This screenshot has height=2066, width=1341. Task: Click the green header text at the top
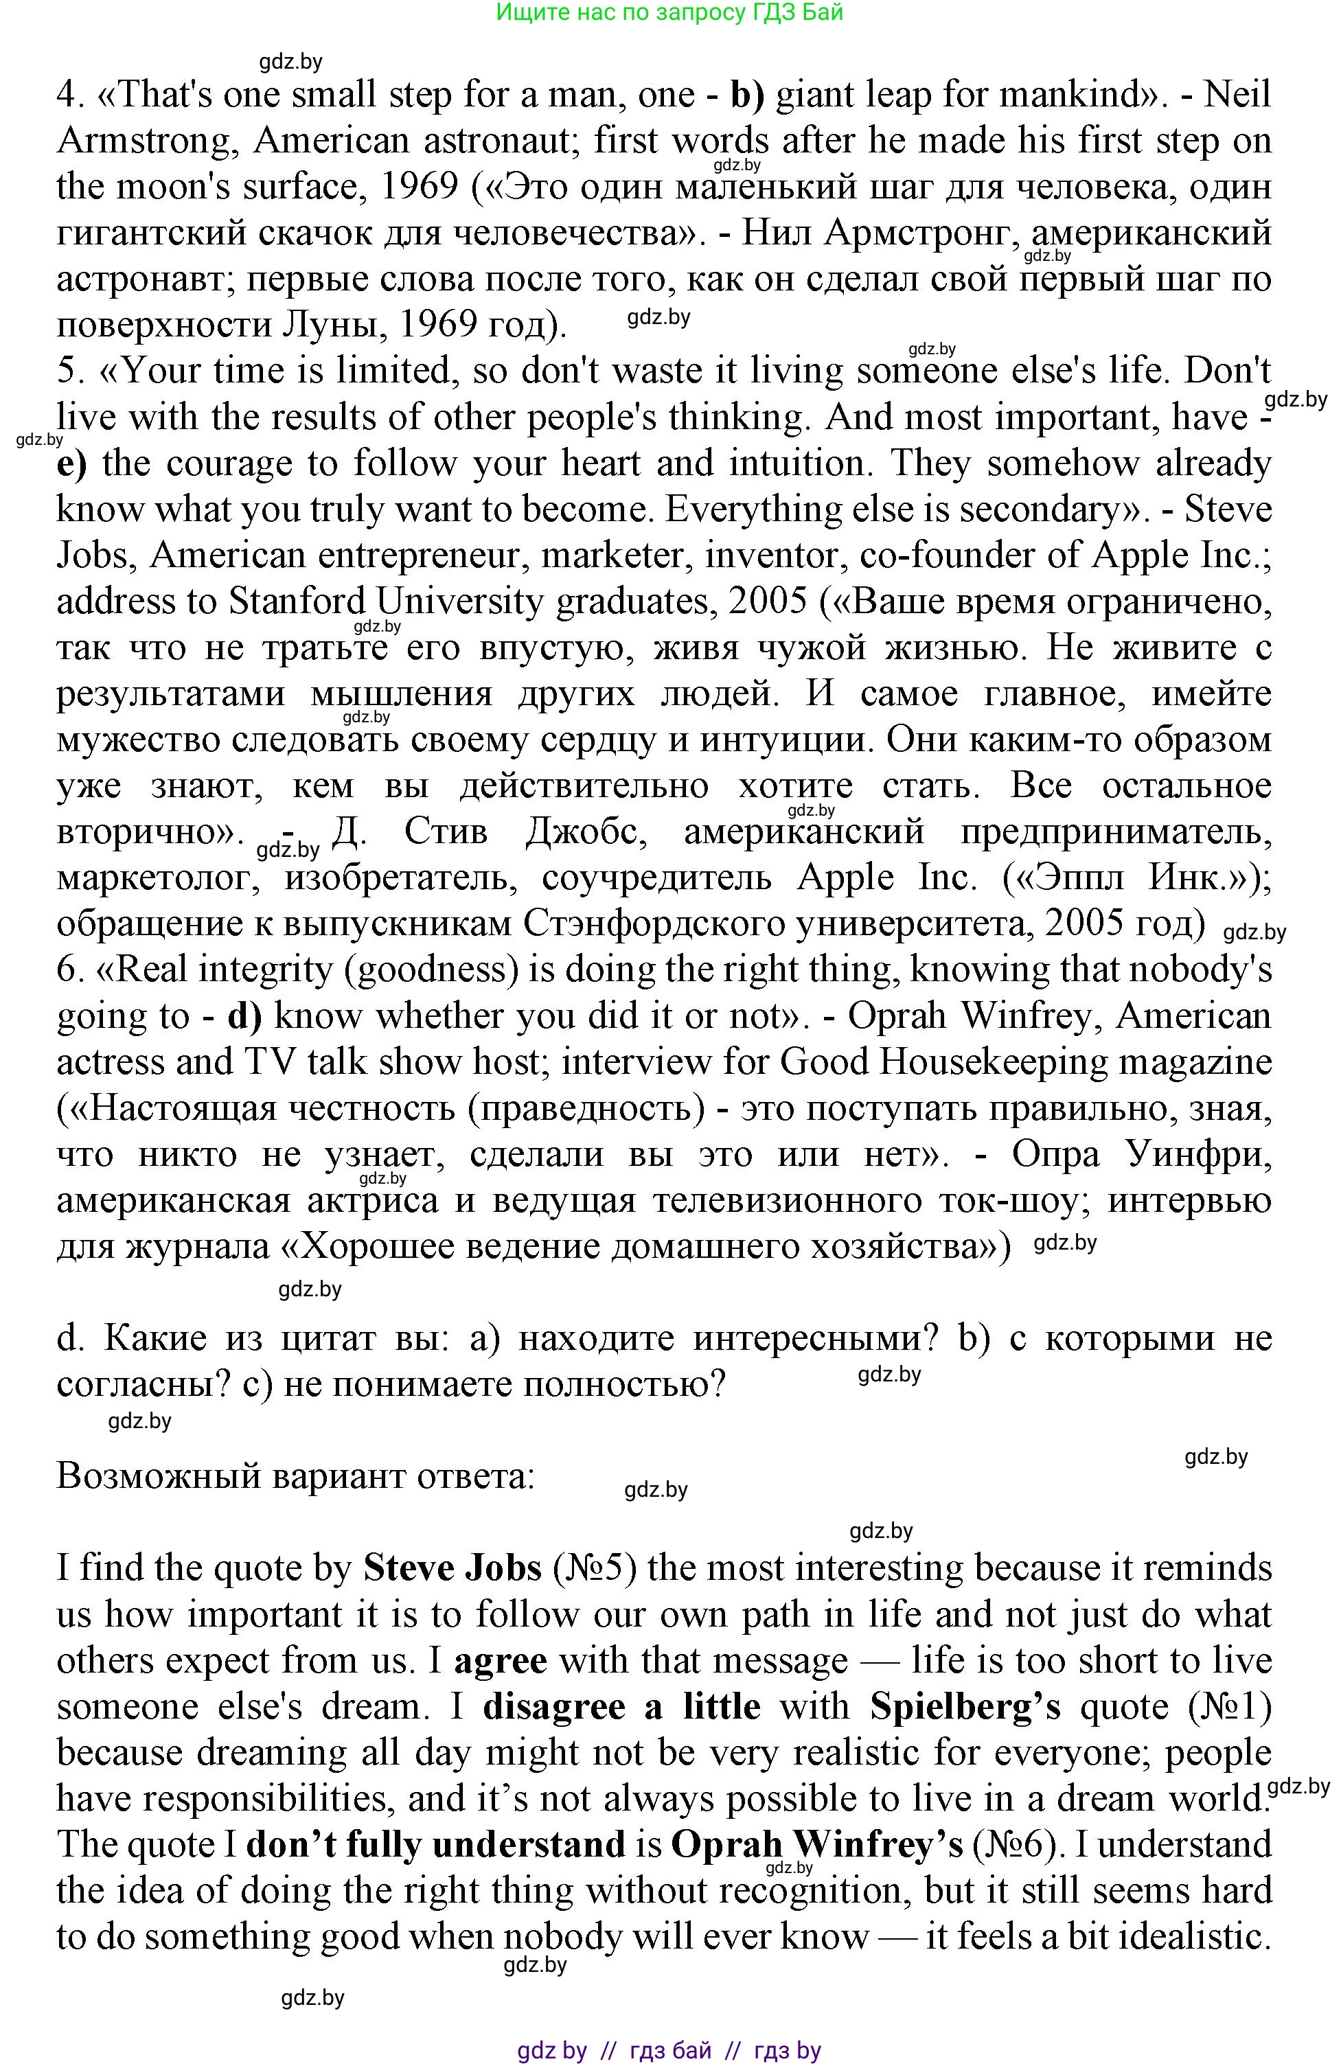669,12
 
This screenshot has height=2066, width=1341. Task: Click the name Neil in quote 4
1238,95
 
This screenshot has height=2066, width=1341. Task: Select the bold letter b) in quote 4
746,95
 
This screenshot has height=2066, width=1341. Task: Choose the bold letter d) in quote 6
244,1015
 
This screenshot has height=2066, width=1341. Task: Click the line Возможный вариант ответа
295,1476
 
